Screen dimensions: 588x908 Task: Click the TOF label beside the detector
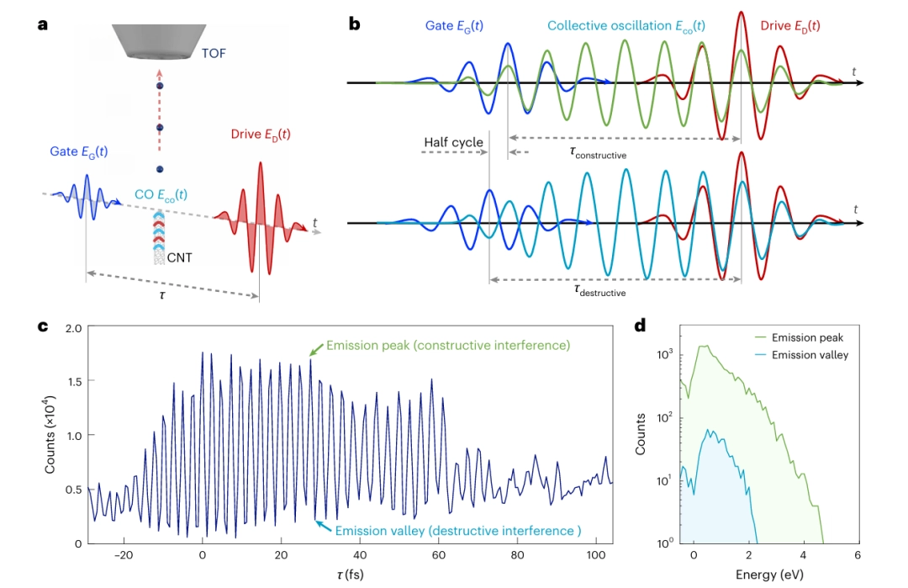click(214, 53)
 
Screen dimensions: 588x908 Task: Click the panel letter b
click(355, 24)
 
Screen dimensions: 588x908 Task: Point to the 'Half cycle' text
click(453, 142)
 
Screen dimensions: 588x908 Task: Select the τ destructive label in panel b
click(599, 290)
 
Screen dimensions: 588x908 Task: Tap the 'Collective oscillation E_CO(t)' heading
click(626, 26)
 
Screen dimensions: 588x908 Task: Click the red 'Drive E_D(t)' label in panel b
click(790, 26)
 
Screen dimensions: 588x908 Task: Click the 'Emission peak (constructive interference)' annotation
click(448, 346)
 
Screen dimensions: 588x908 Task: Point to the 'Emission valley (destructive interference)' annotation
click(457, 531)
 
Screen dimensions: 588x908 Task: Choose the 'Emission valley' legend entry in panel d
click(809, 355)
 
